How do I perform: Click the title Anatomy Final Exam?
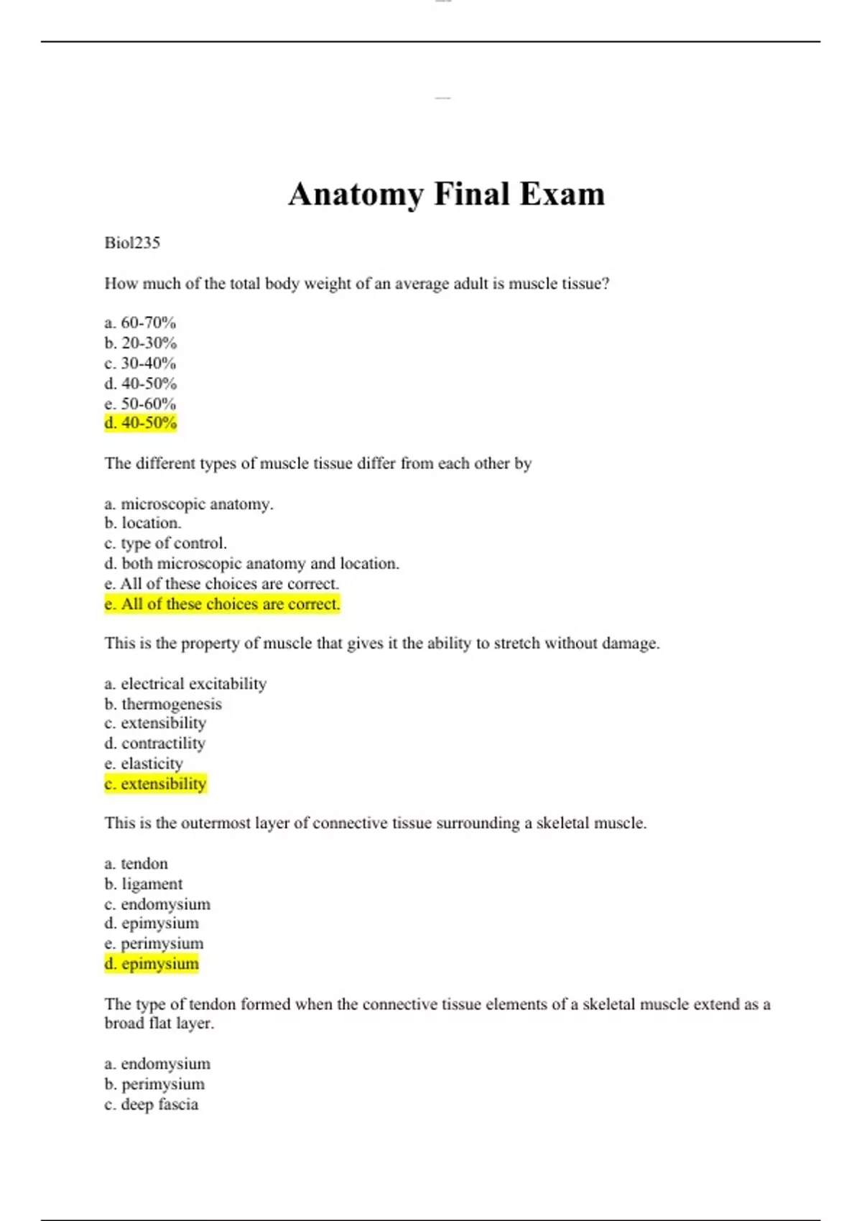[446, 194]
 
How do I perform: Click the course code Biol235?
[132, 243]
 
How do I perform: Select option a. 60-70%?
[140, 322]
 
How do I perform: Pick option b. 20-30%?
[140, 343]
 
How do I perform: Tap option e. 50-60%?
[140, 403]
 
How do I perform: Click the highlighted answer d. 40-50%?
[140, 423]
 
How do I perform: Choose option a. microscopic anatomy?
[189, 503]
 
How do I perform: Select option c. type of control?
[165, 543]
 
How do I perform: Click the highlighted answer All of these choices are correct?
[222, 604]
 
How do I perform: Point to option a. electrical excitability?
[185, 683]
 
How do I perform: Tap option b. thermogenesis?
[163, 704]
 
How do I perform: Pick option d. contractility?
[155, 743]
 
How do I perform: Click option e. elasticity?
[144, 763]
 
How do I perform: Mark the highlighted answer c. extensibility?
[155, 784]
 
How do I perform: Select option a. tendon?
[136, 863]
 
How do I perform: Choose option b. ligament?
[144, 883]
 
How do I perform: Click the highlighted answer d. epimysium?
[152, 964]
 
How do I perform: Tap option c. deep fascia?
[152, 1104]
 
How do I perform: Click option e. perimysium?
[154, 943]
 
